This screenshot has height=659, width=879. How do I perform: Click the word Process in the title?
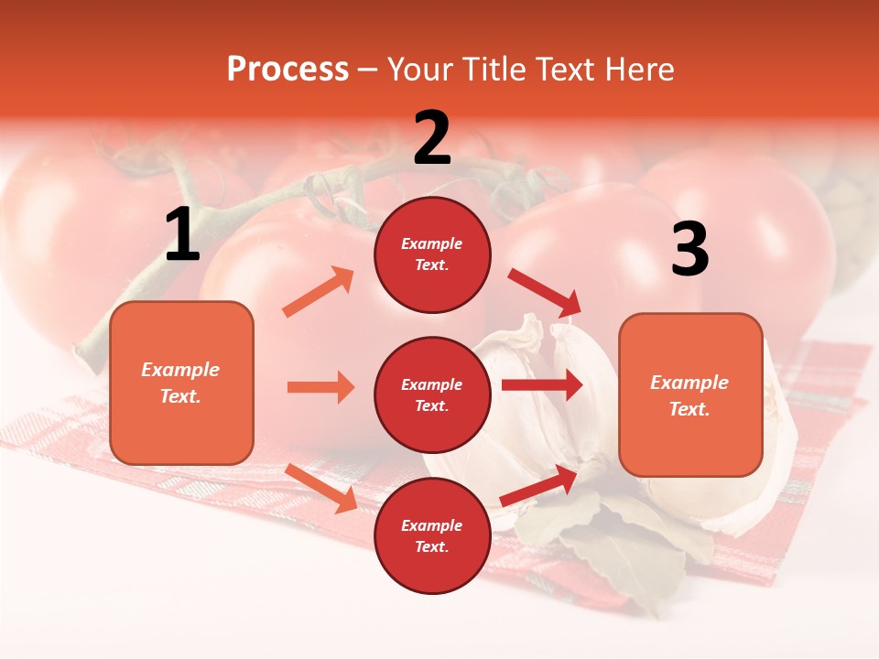pyautogui.click(x=288, y=69)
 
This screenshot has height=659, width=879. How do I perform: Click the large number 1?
pyautogui.click(x=182, y=235)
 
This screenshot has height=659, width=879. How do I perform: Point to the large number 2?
pyautogui.click(x=432, y=138)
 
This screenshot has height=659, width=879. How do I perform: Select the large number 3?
pyautogui.click(x=689, y=249)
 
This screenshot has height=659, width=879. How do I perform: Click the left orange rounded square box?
pyautogui.click(x=181, y=383)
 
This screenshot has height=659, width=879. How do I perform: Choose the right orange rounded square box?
pyautogui.click(x=690, y=395)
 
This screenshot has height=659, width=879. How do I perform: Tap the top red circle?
pyautogui.click(x=432, y=254)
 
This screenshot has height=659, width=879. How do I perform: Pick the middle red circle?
pyautogui.click(x=432, y=394)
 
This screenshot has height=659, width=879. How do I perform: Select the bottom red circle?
pyautogui.click(x=432, y=535)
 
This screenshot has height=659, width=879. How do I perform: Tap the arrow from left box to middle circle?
pyautogui.click(x=320, y=387)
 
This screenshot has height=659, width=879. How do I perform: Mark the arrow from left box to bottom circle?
pyautogui.click(x=321, y=488)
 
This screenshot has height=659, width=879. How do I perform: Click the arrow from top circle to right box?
pyautogui.click(x=544, y=293)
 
